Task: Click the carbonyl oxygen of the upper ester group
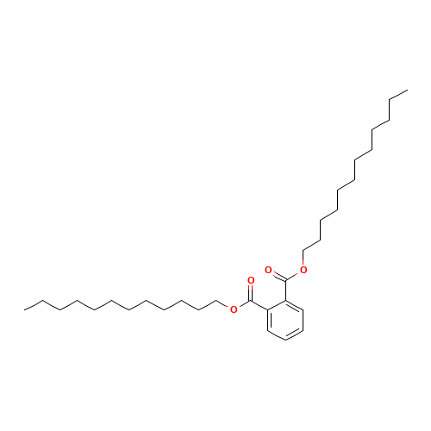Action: pos(268,270)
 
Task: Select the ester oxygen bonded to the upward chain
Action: pos(303,270)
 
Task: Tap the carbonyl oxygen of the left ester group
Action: pos(251,280)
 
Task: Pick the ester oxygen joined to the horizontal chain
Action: pos(234,309)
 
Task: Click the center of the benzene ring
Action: pos(285,320)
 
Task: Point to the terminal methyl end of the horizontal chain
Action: pos(24,310)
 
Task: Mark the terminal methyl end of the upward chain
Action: pos(407,90)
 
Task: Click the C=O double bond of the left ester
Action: pos(251,292)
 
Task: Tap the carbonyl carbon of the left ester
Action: pos(251,301)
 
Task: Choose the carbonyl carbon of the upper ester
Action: pos(285,280)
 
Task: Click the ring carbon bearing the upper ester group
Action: pos(285,301)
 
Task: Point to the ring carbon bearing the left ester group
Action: pos(268,310)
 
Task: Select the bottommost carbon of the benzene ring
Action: pos(285,340)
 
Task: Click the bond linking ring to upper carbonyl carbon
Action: pos(285,290)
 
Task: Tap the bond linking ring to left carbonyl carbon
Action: pos(259,305)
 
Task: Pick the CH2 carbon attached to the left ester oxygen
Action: pos(216,301)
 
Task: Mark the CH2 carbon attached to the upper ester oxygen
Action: pos(303,251)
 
